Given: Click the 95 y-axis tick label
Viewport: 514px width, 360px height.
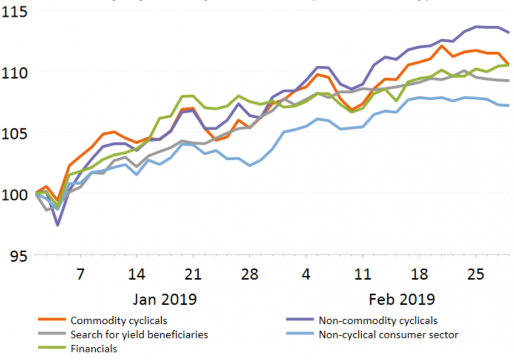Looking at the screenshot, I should coord(20,255).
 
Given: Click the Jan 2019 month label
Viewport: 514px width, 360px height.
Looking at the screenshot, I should coord(165,299).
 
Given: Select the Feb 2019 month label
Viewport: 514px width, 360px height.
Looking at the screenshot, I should coord(402,299).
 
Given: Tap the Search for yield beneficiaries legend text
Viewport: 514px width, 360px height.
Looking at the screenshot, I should coord(139,334).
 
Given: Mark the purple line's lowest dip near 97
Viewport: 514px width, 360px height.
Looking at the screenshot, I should coord(57,225).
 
